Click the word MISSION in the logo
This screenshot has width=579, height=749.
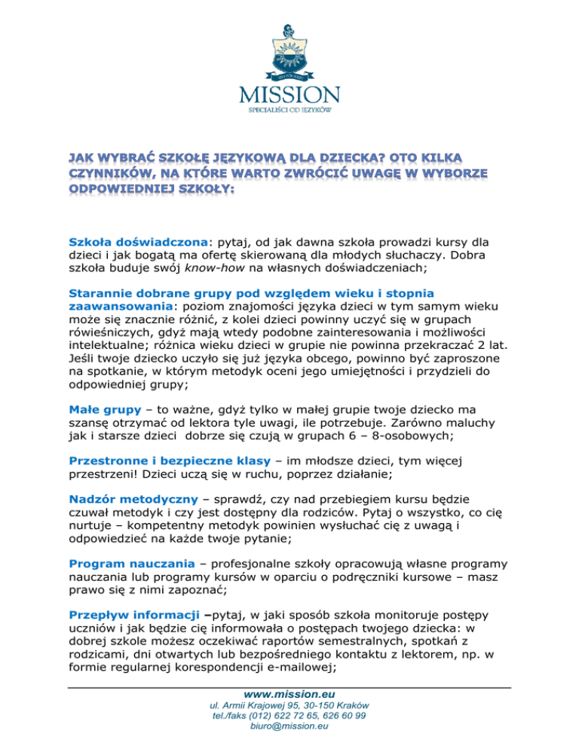coord(289,96)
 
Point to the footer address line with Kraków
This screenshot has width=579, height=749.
coord(289,705)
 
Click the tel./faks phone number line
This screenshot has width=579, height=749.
coord(289,716)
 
